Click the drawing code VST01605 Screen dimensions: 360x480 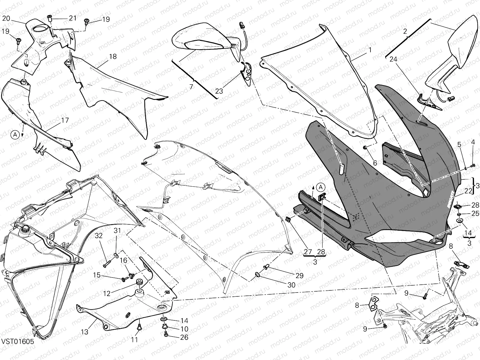(17, 341)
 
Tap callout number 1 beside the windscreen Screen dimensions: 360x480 (370, 50)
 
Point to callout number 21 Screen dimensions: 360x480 (73, 18)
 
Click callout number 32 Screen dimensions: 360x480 (99, 236)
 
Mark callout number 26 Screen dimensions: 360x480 (184, 337)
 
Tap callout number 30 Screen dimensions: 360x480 (291, 285)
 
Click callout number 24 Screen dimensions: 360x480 (393, 59)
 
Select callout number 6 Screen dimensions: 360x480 (375, 163)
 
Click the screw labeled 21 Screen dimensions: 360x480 (50, 19)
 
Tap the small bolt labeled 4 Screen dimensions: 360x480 (473, 165)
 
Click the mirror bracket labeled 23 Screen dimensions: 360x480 (247, 73)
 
